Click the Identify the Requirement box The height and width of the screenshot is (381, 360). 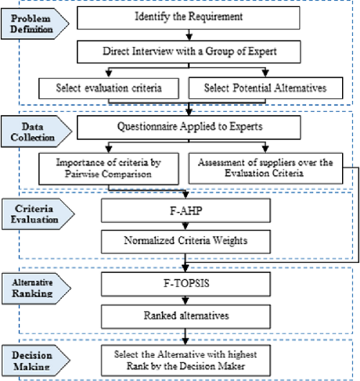(x=189, y=18)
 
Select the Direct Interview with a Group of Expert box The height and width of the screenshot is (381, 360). (x=189, y=52)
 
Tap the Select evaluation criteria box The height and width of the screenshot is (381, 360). (x=109, y=88)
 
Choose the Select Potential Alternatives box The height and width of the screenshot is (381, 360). (x=266, y=88)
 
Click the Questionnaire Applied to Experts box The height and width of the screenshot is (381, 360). (x=189, y=127)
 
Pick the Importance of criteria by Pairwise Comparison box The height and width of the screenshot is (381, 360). (x=109, y=169)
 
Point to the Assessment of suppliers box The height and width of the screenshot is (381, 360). (x=266, y=168)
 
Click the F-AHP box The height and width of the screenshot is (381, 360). (x=186, y=210)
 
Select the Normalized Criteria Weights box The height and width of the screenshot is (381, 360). (x=186, y=241)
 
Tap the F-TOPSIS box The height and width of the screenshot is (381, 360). (x=186, y=284)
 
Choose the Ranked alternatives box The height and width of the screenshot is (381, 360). (x=186, y=316)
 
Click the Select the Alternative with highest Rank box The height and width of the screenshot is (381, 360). (x=186, y=360)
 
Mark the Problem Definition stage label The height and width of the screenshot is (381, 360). (x=35, y=24)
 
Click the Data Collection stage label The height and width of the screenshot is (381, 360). (x=36, y=132)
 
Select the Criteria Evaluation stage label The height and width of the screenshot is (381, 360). (x=38, y=214)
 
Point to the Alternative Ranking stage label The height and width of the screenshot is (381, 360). (x=36, y=288)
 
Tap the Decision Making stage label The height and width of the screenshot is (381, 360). (x=36, y=360)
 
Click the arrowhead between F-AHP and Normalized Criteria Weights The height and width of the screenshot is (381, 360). (x=185, y=226)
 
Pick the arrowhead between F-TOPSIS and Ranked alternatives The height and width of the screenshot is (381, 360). (x=185, y=301)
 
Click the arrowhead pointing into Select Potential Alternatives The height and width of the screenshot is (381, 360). (x=266, y=73)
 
